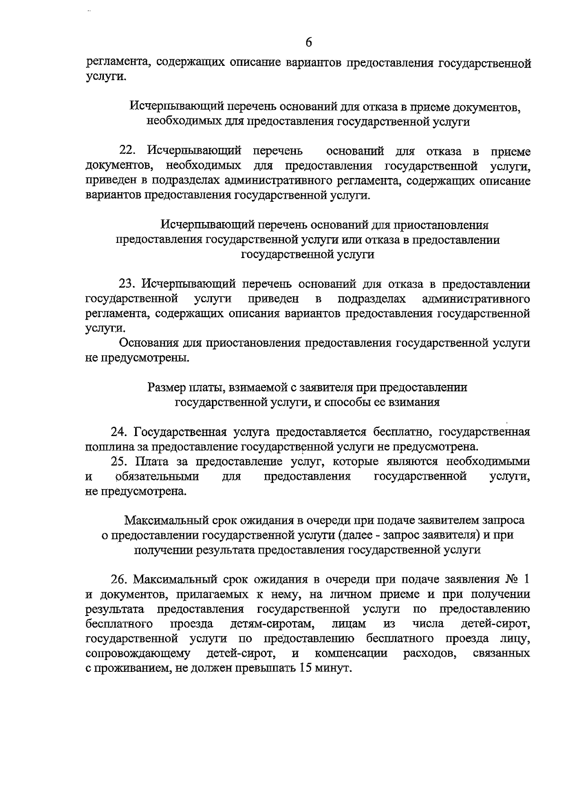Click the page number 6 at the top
coord(309,42)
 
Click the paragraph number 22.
coord(127,151)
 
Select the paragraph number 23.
coord(127,284)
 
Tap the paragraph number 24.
coord(119,432)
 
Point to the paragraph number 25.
coord(119,462)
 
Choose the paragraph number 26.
coord(119,580)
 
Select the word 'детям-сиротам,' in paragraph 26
coord(271,624)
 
